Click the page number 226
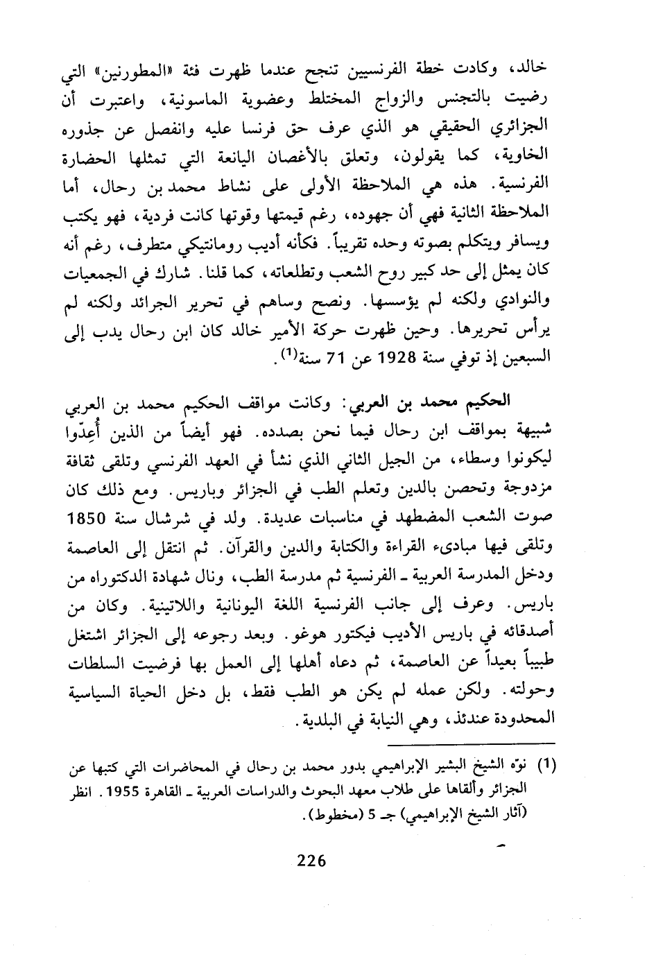(x=311, y=861)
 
